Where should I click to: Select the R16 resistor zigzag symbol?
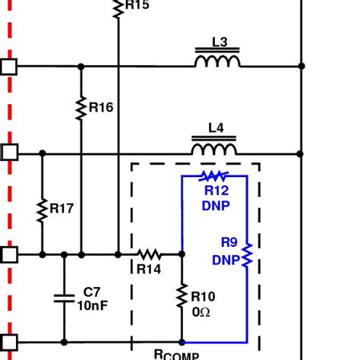[81, 108]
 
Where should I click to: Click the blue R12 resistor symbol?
[213, 177]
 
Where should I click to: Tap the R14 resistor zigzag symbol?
[149, 254]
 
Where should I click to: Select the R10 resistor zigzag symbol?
[182, 296]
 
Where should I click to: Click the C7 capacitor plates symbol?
[64, 298]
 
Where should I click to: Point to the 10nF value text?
[93, 305]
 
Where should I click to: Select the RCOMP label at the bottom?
[176, 355]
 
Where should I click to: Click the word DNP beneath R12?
[216, 206]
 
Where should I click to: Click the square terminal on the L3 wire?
[8, 66]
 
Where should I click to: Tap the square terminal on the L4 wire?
[8, 153]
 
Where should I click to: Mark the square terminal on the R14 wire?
[8, 254]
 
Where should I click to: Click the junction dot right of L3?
[302, 66]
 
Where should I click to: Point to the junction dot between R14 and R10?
[182, 254]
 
